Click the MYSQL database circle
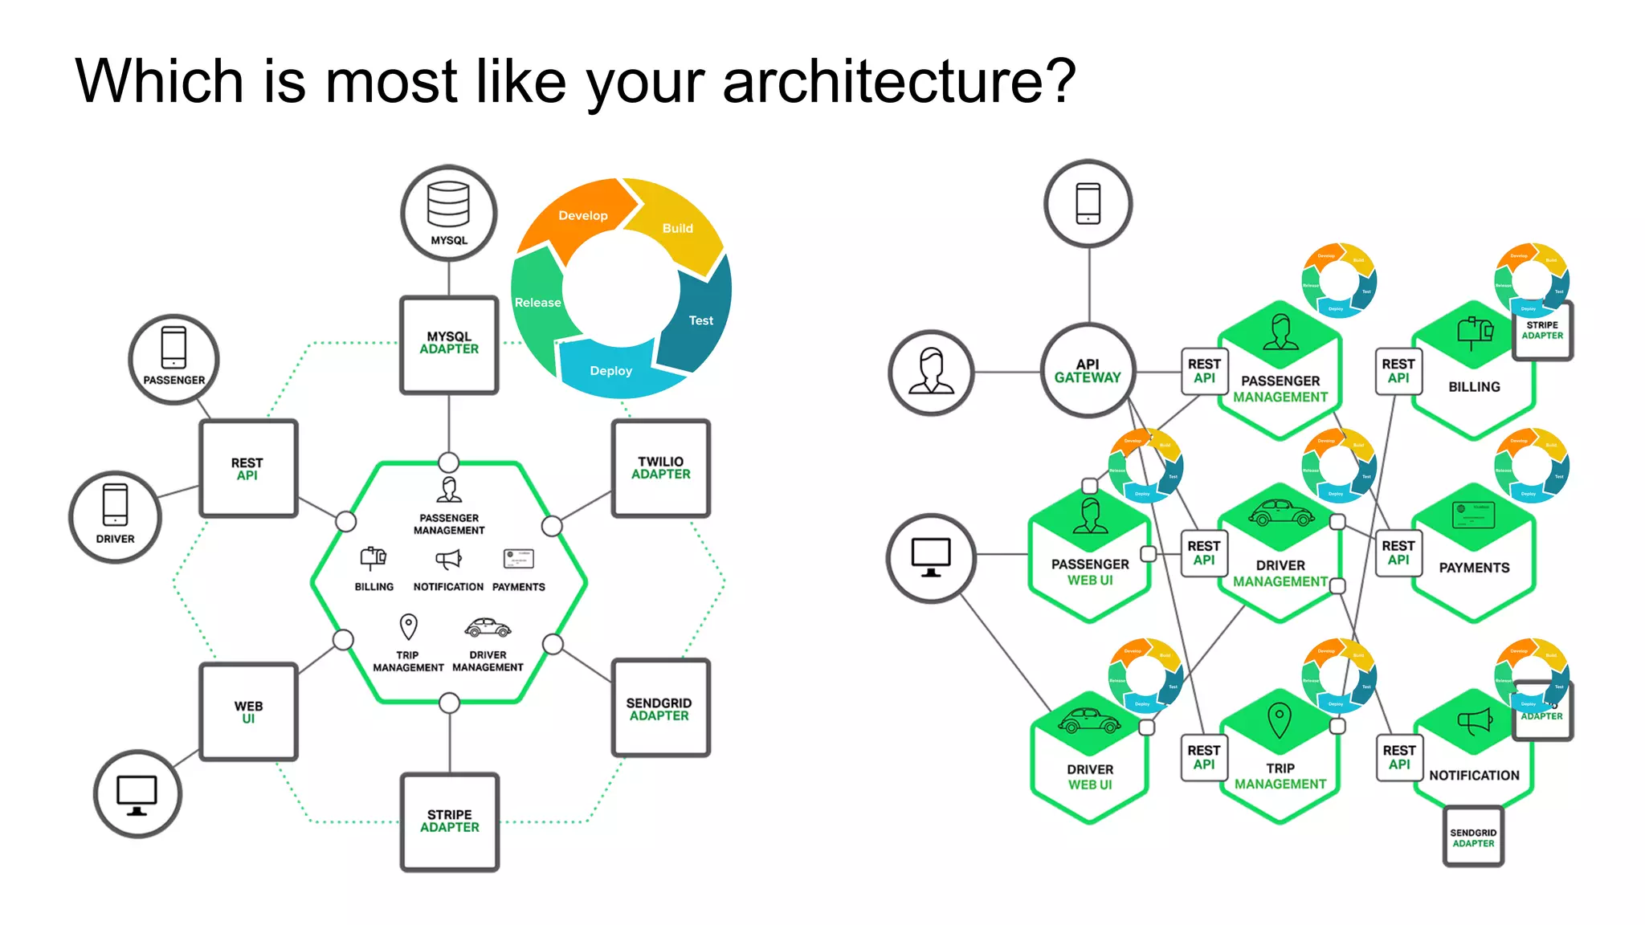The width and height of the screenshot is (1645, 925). point(448,214)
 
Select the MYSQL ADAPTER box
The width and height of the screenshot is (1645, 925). point(449,344)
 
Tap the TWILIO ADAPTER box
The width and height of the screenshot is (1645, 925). point(660,468)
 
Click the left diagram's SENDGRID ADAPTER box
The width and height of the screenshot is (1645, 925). point(659,708)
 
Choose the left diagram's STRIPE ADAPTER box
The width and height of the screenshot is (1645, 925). point(449,821)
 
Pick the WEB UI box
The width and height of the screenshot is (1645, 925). point(248,711)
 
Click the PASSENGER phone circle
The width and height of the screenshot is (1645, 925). point(173,358)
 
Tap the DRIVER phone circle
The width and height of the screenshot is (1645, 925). point(115,516)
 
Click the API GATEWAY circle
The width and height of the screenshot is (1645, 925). point(1088,371)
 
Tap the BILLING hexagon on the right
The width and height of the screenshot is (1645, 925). point(1473,377)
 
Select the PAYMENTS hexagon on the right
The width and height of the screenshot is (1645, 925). point(1473,558)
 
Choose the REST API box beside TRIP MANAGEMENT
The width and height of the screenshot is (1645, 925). point(1203,757)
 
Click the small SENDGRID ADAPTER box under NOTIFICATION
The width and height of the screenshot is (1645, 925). point(1472,837)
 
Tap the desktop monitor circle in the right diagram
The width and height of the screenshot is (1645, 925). point(930,557)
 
